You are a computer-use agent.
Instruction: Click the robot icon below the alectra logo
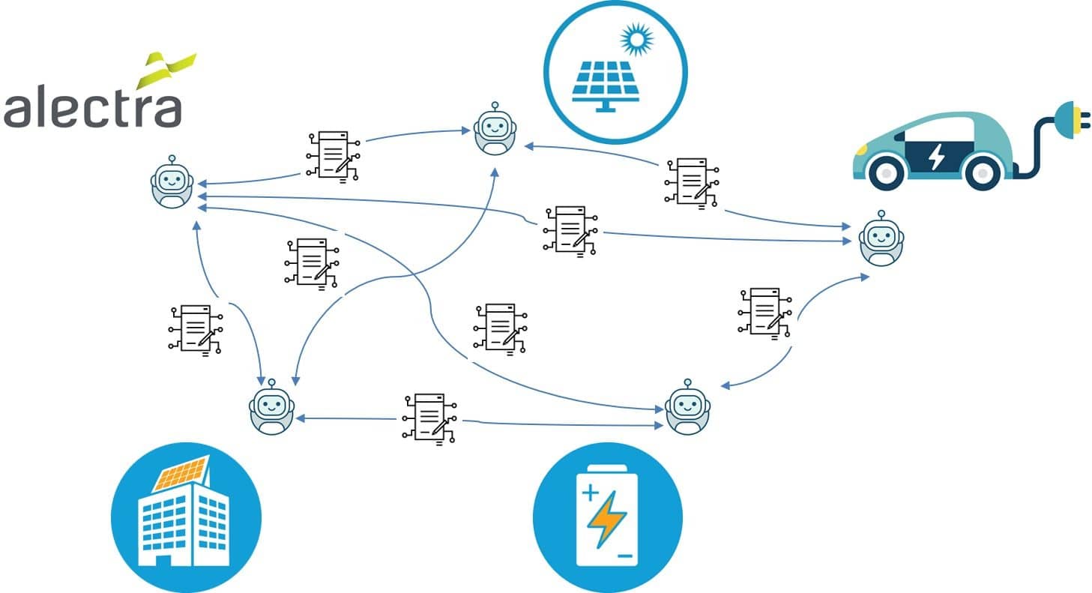tap(172, 184)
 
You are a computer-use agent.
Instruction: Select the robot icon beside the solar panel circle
tap(495, 130)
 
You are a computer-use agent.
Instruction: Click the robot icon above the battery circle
tap(687, 409)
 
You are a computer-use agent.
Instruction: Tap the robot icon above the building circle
tap(271, 409)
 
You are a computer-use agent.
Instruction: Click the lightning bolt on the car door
tap(936, 157)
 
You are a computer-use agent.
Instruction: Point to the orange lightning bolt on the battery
tap(606, 520)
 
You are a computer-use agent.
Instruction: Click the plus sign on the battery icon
tap(590, 493)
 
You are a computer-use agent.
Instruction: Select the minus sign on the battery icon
tap(625, 557)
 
